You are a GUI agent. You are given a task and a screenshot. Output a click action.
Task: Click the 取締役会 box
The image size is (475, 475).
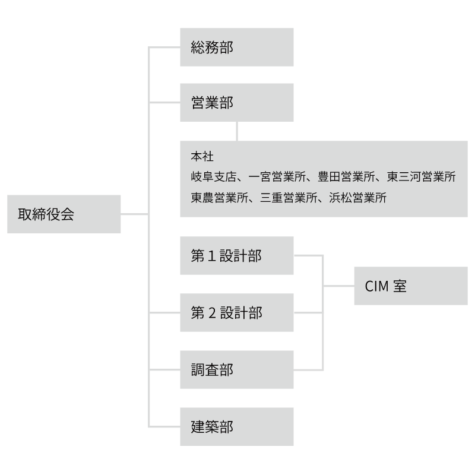(x=64, y=214)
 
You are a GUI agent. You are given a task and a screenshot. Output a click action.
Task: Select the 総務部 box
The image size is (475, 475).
(x=236, y=47)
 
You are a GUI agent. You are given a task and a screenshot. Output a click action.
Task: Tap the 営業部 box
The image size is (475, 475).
(x=236, y=102)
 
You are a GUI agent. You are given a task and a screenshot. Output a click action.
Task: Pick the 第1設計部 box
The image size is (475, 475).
(x=236, y=256)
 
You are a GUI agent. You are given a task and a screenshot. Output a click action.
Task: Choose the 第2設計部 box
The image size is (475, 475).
(x=236, y=312)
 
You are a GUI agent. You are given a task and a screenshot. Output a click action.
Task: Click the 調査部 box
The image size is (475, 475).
(x=236, y=369)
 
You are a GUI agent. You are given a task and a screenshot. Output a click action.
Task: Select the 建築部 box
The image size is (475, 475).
(x=236, y=426)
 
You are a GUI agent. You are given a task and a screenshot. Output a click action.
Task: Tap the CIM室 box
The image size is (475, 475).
(x=410, y=286)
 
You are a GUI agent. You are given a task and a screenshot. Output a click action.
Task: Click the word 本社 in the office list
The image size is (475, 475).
(x=202, y=157)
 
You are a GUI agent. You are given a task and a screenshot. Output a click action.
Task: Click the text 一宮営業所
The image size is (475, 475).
(x=276, y=177)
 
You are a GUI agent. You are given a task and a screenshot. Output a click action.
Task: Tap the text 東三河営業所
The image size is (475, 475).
(x=421, y=177)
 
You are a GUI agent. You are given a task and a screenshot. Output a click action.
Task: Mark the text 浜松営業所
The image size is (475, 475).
(x=357, y=198)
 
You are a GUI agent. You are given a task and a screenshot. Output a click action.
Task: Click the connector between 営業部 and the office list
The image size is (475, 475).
(x=237, y=131)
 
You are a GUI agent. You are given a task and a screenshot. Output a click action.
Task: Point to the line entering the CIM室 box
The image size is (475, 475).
(x=338, y=286)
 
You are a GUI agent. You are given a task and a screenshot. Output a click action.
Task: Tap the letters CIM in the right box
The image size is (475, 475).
(x=376, y=286)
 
